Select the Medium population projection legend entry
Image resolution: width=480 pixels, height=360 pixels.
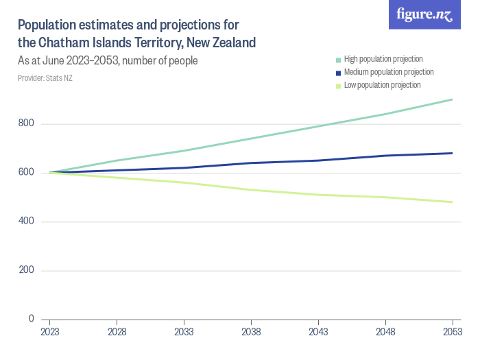[388, 72]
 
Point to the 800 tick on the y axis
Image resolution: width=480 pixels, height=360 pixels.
[27, 124]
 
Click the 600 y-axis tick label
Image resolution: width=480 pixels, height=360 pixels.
[27, 173]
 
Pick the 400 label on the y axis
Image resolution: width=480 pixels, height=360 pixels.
[27, 221]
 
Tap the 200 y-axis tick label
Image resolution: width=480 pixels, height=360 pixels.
[27, 270]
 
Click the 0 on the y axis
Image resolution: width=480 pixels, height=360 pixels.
[32, 319]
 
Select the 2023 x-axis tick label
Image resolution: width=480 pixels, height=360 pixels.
[49, 331]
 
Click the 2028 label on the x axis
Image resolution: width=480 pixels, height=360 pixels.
[117, 331]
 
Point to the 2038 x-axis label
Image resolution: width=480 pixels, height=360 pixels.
[251, 331]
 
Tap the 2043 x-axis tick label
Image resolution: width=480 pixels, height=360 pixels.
[318, 331]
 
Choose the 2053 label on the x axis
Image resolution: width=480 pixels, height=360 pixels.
[452, 331]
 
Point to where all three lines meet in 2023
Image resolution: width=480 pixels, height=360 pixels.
[49, 172]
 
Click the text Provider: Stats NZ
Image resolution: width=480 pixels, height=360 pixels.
[45, 78]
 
